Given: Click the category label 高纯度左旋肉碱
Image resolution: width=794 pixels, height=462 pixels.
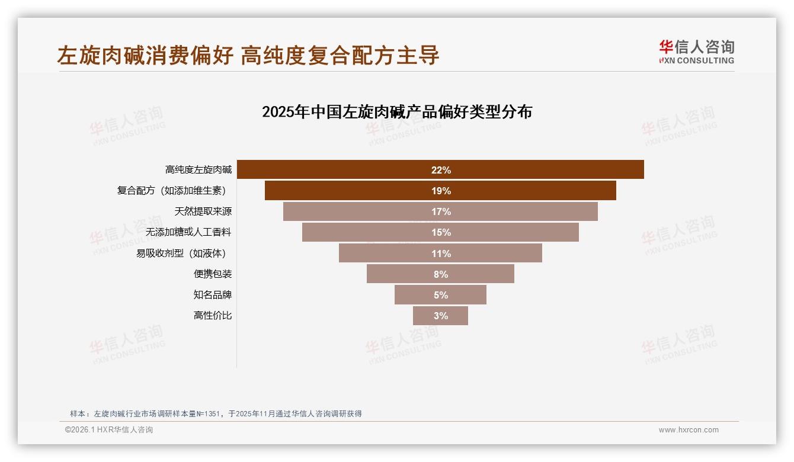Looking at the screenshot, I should (x=198, y=170).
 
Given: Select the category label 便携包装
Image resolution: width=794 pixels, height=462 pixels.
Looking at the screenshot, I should (x=213, y=274).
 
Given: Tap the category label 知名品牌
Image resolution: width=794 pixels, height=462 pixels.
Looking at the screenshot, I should (x=213, y=295).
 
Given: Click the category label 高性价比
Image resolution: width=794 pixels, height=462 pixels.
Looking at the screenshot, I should (x=213, y=316).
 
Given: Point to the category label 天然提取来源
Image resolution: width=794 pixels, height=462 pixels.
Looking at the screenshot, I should (x=203, y=211).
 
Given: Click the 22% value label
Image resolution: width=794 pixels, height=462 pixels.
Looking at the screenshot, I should (x=441, y=170).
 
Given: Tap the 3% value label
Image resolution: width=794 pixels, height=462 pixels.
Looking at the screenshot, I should (x=441, y=316).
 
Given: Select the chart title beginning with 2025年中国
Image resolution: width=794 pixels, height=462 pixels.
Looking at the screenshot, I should (x=397, y=112).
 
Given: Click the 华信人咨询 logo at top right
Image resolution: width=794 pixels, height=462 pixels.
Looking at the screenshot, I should (x=696, y=52).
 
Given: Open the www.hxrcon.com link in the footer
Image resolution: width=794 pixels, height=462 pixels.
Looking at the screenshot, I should (x=689, y=430).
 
